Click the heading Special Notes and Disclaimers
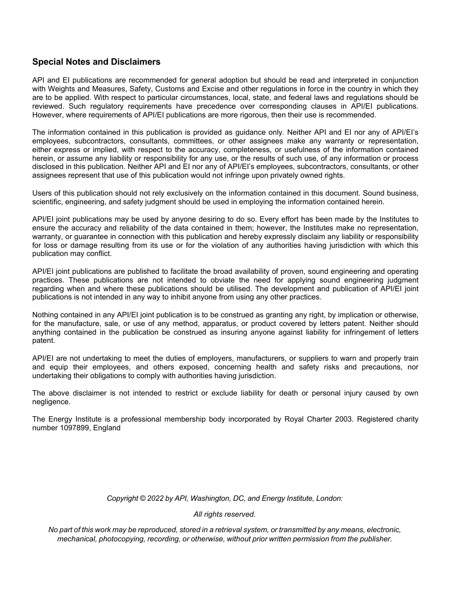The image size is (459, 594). [x=96, y=62]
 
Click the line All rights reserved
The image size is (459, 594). [x=225, y=514]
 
